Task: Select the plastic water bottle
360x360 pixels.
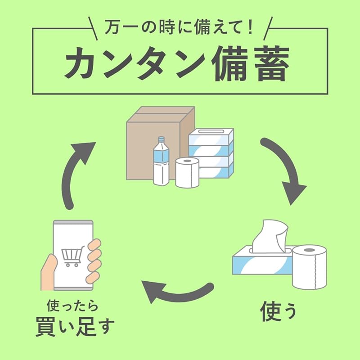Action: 161,162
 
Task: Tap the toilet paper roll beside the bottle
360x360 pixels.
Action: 187,173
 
